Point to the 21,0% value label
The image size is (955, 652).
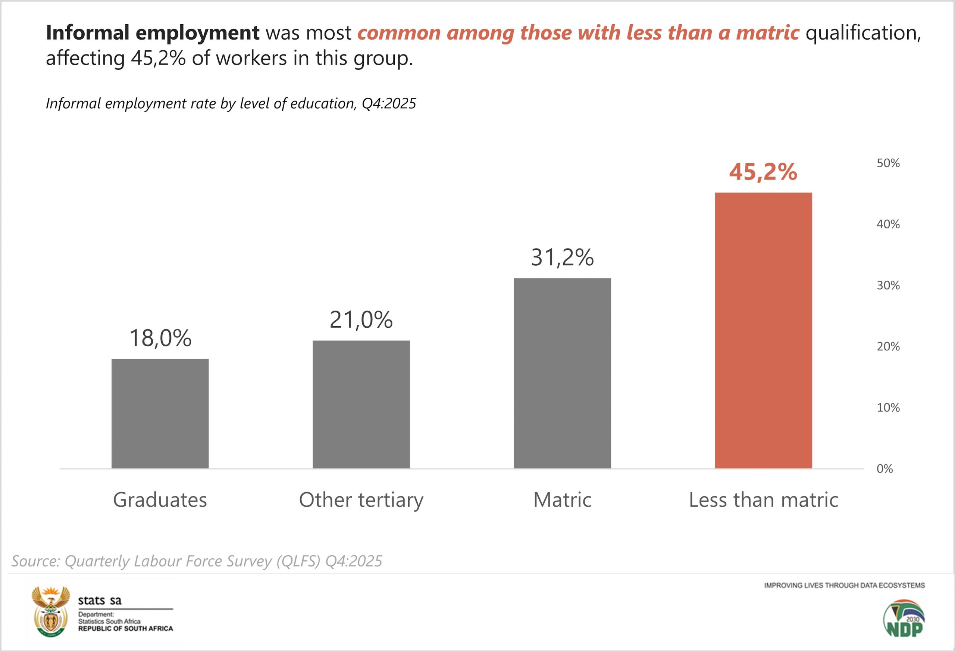click(x=361, y=319)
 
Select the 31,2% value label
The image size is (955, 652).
click(x=562, y=258)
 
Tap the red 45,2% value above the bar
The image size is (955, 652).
click(x=763, y=172)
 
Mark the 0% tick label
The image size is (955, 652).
click(x=884, y=469)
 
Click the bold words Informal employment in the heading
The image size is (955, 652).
click(x=153, y=32)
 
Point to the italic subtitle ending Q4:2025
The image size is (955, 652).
click(x=231, y=103)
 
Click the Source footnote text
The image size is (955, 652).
click(x=197, y=561)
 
